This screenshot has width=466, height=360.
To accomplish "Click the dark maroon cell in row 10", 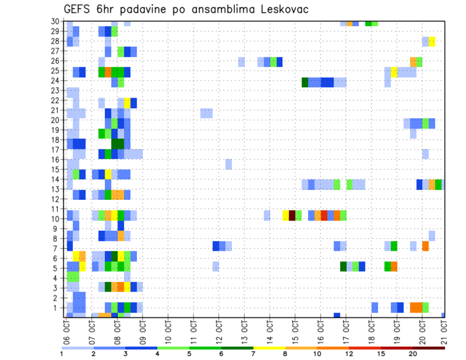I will click(292, 215).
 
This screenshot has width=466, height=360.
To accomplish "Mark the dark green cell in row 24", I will click(305, 82).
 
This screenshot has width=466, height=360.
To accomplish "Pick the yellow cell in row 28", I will click(432, 41).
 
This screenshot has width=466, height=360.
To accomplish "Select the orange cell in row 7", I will click(425, 246).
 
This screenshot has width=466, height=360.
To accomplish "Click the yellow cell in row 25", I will click(394, 72).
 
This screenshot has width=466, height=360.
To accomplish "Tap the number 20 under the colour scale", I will click(413, 354).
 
